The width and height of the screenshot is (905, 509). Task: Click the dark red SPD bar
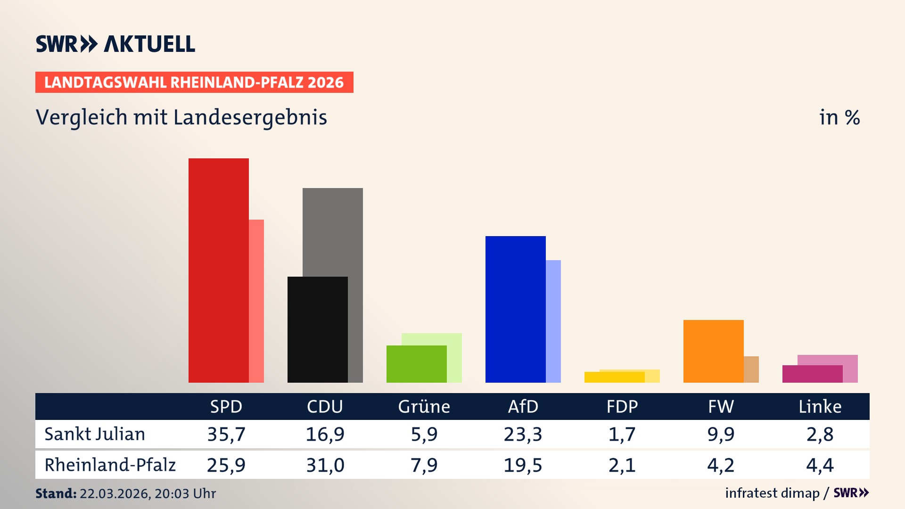[x=219, y=271]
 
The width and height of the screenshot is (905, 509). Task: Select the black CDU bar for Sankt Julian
[x=318, y=329]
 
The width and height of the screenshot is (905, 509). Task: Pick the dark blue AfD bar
[x=516, y=309]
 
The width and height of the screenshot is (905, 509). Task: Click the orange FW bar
[x=714, y=351]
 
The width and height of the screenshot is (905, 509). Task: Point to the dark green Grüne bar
[x=417, y=364]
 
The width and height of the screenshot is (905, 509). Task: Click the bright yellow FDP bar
[x=615, y=377]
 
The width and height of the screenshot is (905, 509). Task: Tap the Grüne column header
[x=424, y=407]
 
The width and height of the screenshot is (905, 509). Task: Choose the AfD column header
[x=523, y=407]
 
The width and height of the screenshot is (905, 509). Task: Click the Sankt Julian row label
[x=95, y=434]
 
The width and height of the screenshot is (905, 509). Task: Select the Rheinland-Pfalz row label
[x=110, y=465]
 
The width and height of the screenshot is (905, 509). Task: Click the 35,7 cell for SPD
[x=226, y=434]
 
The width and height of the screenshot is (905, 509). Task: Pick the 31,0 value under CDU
[x=325, y=465]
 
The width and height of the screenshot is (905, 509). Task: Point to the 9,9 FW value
[x=721, y=434]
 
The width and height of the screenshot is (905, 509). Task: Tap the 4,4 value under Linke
[x=820, y=465]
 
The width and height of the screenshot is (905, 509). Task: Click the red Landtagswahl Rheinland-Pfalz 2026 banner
[x=194, y=82]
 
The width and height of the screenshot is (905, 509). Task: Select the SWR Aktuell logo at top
[x=115, y=44]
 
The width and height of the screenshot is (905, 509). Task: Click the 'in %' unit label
[x=839, y=118]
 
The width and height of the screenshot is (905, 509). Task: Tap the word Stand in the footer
[x=56, y=493]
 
